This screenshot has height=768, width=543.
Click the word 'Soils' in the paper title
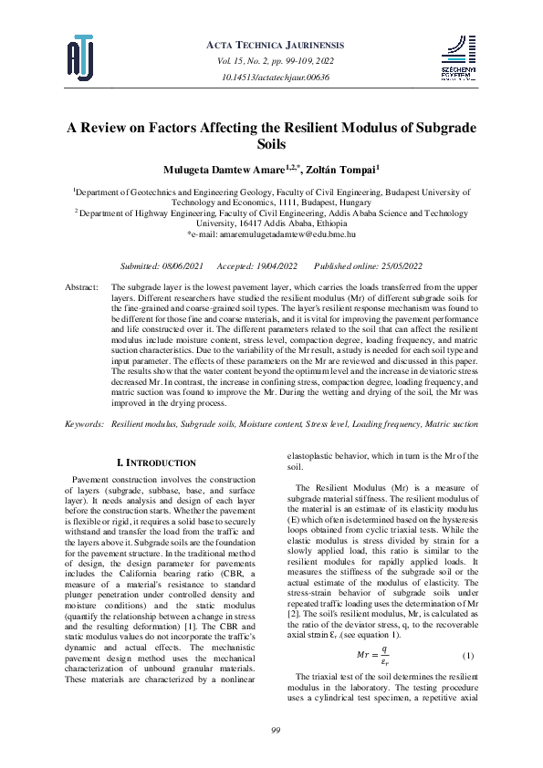point(272,143)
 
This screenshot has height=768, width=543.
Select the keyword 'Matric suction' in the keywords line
point(448,425)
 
